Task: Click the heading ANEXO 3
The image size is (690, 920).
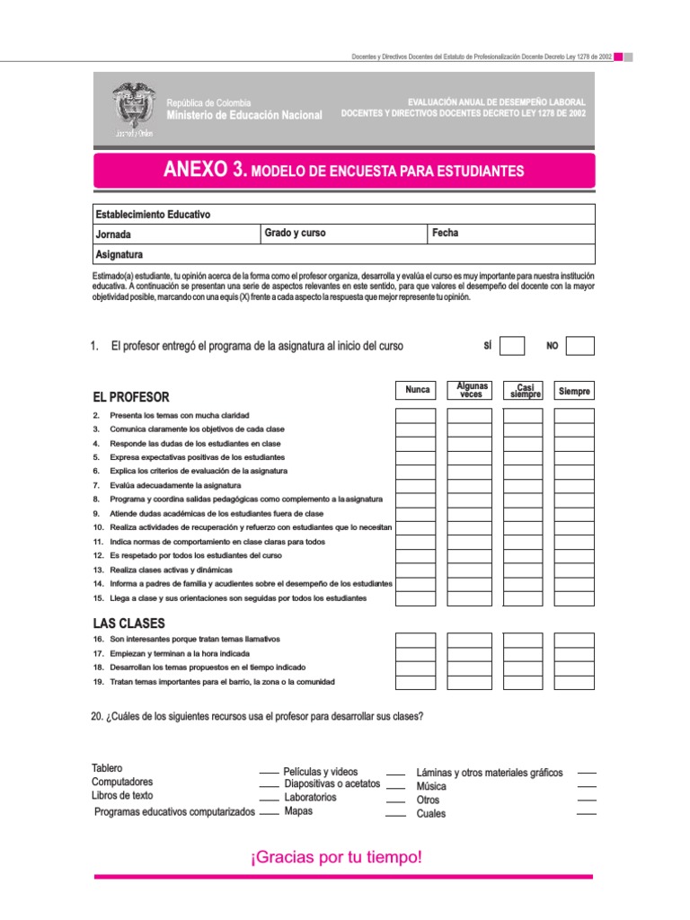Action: (x=204, y=170)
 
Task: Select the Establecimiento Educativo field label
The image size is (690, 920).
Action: (x=153, y=215)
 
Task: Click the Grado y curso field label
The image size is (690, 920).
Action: (x=295, y=234)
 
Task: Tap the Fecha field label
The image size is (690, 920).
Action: (x=445, y=234)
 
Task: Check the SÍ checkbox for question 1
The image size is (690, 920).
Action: (x=512, y=346)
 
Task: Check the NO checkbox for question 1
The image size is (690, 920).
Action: (x=580, y=346)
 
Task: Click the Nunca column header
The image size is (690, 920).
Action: (x=417, y=390)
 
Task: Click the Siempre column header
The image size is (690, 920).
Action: (x=574, y=390)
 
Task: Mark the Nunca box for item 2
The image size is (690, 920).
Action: (x=416, y=416)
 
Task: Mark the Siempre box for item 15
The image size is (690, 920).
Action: (x=574, y=598)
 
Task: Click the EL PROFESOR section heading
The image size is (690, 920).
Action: (x=131, y=397)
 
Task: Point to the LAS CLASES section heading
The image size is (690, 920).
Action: (x=128, y=624)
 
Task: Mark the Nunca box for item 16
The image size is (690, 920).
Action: (x=416, y=640)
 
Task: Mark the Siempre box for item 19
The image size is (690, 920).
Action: (x=574, y=682)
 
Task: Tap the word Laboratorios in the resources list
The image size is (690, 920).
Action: (x=310, y=797)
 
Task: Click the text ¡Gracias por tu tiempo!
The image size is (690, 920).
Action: (x=336, y=858)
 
